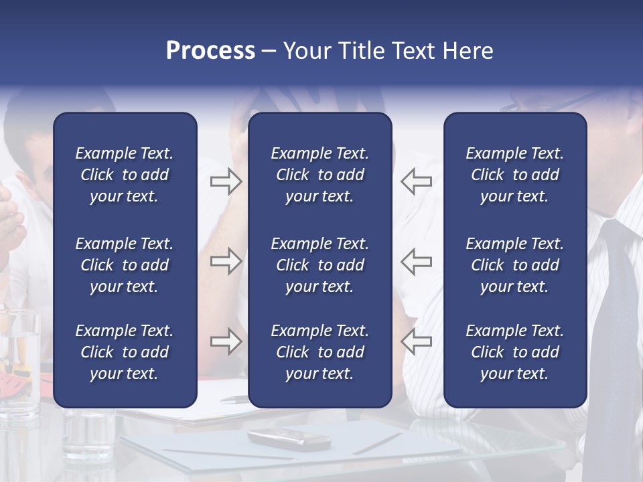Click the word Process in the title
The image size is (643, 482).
click(210, 51)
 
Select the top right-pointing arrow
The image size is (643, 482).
click(226, 181)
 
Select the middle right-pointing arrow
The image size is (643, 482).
click(226, 261)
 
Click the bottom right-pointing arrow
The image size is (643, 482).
click(226, 341)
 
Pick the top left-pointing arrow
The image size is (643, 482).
click(417, 181)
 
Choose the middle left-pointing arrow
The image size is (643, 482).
click(417, 261)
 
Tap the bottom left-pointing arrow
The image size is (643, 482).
click(417, 341)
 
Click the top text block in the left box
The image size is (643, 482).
click(125, 175)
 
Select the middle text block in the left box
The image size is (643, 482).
click(125, 265)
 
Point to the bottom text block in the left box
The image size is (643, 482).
click(125, 352)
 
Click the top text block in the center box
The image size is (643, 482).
click(319, 175)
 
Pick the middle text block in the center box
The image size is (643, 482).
click(319, 265)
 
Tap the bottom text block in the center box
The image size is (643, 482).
click(319, 352)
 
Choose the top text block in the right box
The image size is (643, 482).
click(514, 175)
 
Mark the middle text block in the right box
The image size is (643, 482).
click(514, 265)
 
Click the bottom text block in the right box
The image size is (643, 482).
click(514, 352)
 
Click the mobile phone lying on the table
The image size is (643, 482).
click(289, 438)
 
